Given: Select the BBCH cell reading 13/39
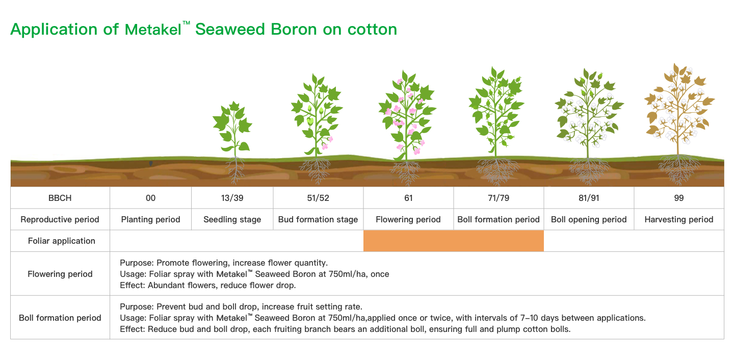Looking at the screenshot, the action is point(232,198).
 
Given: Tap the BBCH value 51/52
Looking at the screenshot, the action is point(318,198).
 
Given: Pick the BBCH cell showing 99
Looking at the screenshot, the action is point(679,198).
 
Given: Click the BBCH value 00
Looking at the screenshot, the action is point(151,198).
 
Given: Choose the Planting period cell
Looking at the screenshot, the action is point(151,219).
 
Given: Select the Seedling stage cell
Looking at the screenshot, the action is point(232,219).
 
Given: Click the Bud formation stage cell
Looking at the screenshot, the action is point(318,219).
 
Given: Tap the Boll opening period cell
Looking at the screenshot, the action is point(589,219).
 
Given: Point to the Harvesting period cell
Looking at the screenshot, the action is point(679,219).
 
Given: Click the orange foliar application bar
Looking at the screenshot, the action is point(454,241).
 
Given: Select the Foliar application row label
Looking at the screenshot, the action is point(62,241).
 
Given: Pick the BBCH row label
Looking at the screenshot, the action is point(60,198).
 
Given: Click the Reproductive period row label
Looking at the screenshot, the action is point(60,219).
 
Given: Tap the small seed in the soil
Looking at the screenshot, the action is point(151,163).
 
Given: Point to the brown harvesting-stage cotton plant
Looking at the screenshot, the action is point(679,121).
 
